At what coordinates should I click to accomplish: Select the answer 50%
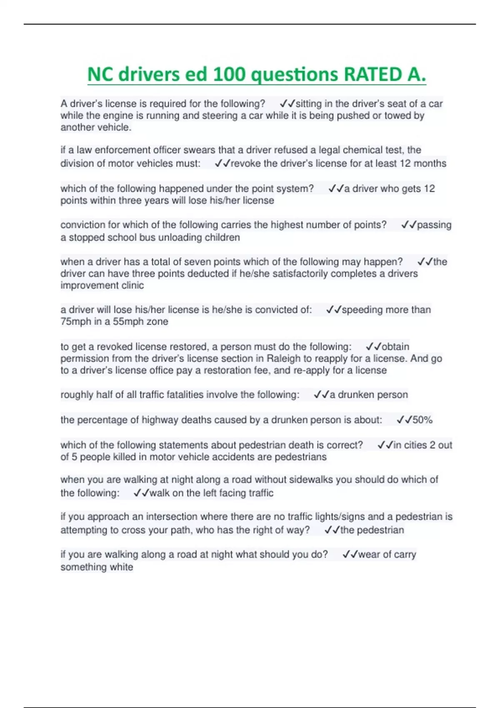coord(422,420)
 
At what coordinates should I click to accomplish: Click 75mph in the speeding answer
coord(76,322)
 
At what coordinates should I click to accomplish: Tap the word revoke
coord(245,163)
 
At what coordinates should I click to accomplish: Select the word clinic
coord(133,285)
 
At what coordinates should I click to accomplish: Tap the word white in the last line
coord(121,567)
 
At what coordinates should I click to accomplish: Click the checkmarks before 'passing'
coord(409,225)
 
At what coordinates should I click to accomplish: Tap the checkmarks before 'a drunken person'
coord(321,395)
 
